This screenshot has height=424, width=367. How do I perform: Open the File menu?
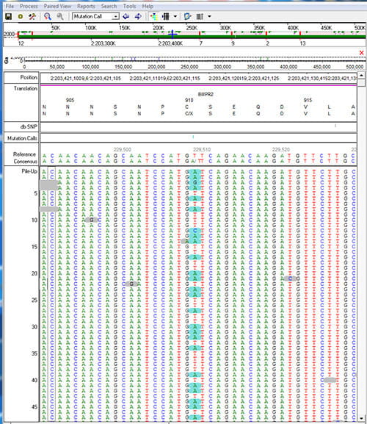tap(10, 5)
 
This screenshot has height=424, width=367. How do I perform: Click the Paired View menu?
tap(56, 5)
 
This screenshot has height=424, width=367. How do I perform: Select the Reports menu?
tap(86, 5)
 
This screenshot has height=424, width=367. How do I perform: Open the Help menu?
tap(148, 5)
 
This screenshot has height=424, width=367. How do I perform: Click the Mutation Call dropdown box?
tap(95, 15)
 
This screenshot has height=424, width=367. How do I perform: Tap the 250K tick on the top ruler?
tap(191, 29)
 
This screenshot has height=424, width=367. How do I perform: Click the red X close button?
tap(361, 52)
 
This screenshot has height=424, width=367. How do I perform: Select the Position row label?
tap(29, 77)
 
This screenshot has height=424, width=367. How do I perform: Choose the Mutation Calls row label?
tap(23, 137)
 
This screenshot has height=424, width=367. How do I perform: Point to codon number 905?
tap(70, 100)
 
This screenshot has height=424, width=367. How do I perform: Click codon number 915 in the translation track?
tap(308, 100)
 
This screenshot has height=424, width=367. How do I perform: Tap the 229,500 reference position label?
tap(123, 149)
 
